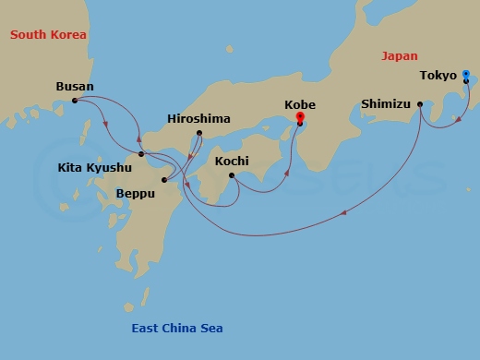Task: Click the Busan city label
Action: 75,87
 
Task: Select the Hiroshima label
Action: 198,119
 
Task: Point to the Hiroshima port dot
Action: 199,133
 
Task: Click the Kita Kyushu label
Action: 94,168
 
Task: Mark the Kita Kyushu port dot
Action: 140,154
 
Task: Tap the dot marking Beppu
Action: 163,180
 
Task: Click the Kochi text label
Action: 232,161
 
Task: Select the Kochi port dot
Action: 231,174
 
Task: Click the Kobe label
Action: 299,105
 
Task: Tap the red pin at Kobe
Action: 299,117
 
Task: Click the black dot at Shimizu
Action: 420,104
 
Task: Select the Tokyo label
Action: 438,76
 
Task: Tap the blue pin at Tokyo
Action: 466,75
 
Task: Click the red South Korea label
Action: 48,35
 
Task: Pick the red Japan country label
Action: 400,56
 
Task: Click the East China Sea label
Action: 175,329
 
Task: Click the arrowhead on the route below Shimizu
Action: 344,213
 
